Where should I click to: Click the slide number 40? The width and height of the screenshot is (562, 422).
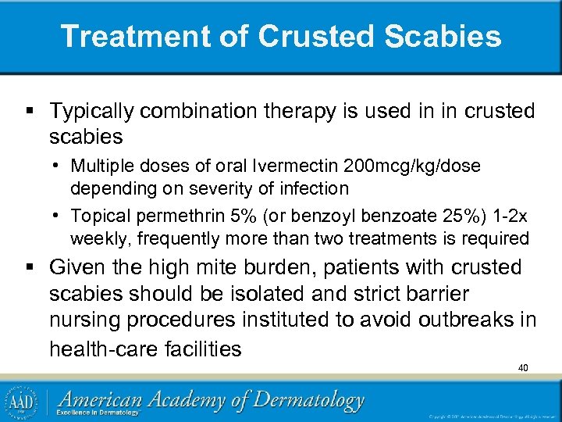523,367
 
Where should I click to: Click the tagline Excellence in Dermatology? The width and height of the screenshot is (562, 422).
101,413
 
